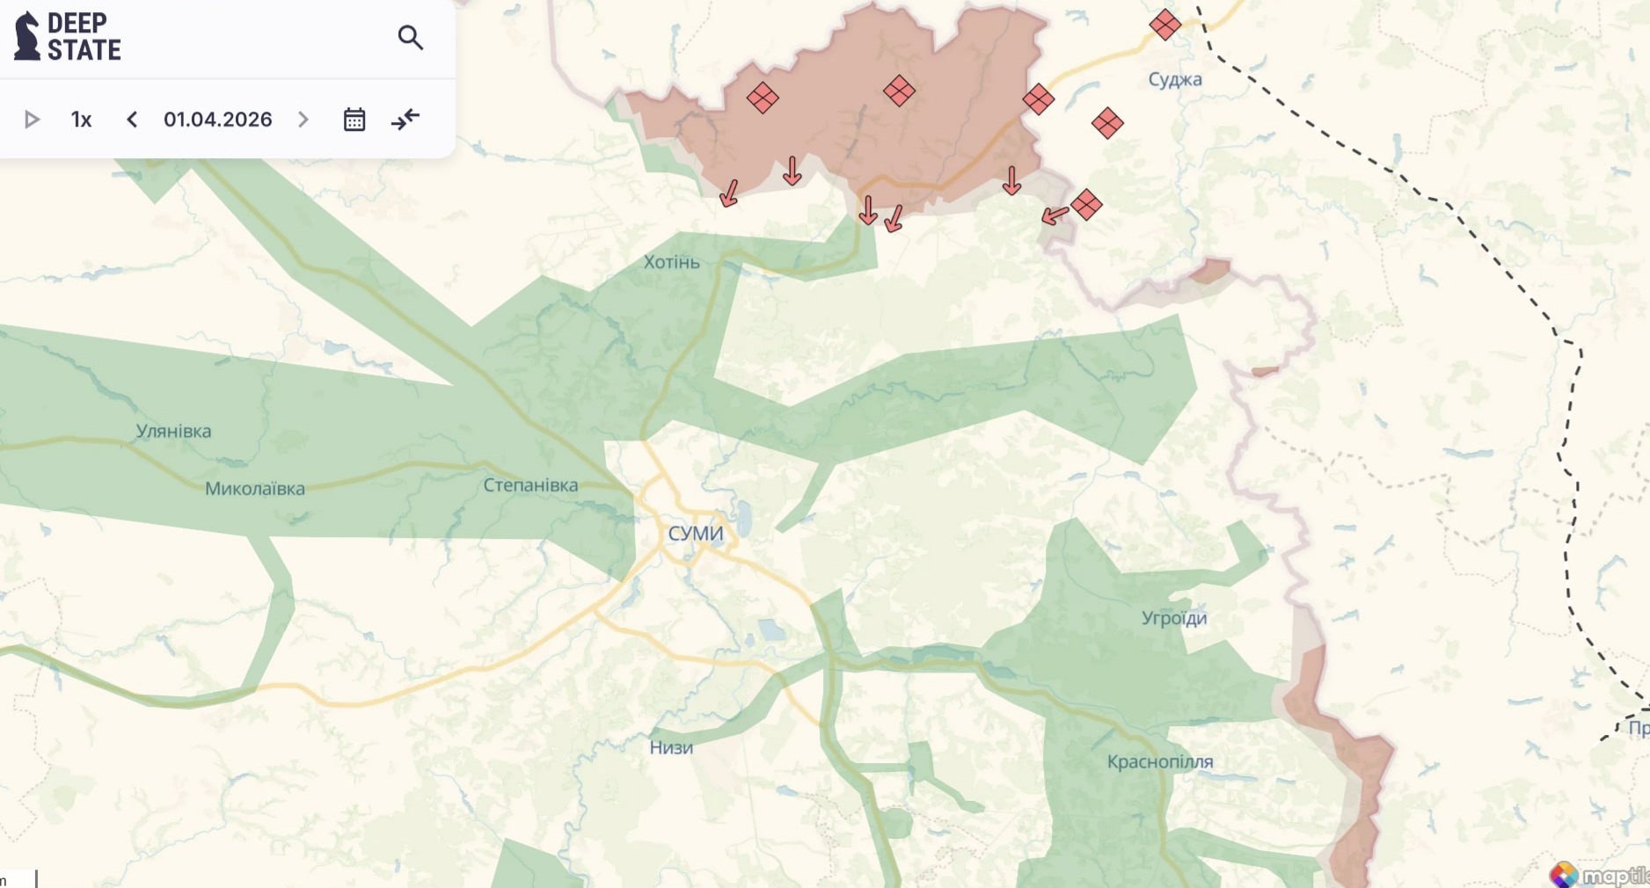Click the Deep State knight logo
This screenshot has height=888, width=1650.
[27, 37]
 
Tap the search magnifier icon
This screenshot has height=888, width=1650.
[410, 38]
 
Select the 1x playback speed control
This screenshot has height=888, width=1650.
[81, 120]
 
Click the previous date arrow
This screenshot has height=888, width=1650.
[132, 120]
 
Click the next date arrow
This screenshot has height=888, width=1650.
[303, 120]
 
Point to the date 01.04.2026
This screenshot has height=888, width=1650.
[217, 120]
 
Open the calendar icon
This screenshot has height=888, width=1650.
[354, 120]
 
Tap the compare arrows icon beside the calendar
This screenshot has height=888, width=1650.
[405, 120]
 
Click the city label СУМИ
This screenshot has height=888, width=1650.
[696, 533]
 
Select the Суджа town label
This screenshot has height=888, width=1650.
[1175, 79]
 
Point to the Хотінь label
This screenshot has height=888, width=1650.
[671, 262]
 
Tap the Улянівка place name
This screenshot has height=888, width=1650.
[173, 431]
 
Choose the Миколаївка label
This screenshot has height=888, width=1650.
[255, 488]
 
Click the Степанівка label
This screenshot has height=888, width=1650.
[530, 484]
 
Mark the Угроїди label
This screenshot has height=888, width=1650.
[1174, 617]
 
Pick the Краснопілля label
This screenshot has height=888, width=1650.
[1160, 761]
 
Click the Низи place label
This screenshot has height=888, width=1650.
[671, 747]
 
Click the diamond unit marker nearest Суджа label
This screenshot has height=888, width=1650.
[1164, 25]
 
